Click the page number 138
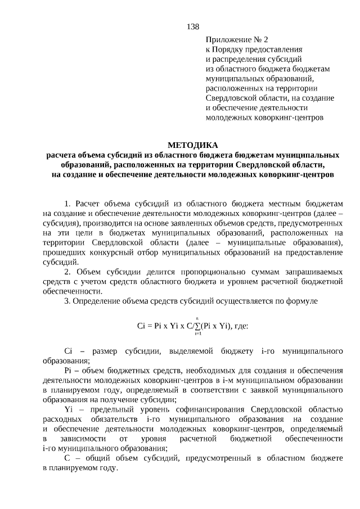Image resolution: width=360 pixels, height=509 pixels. point(193,26)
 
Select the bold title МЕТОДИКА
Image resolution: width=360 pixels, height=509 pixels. point(192,145)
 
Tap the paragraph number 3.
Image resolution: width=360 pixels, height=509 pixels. point(67,301)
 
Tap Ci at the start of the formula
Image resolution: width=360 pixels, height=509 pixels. point(142,326)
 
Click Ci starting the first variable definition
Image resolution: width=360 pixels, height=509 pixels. point(69,352)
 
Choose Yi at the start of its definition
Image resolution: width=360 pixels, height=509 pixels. point(69,409)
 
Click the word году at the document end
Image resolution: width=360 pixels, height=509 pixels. point(107,467)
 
